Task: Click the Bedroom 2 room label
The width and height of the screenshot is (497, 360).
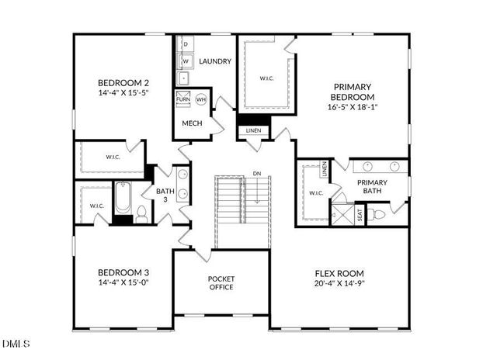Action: point(123,83)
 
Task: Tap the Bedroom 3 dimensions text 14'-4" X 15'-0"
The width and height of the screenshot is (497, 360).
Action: point(123,284)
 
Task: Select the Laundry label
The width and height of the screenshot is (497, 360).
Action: point(215,61)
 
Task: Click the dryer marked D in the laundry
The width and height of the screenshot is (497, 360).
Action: point(186,44)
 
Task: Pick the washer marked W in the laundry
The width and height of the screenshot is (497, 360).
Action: point(186,61)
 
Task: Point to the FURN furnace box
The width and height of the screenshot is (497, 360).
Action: point(183,99)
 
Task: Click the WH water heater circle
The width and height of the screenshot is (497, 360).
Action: point(200,99)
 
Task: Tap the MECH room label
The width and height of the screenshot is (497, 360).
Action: point(192,123)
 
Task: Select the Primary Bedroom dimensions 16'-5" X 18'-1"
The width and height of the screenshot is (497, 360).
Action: point(353,109)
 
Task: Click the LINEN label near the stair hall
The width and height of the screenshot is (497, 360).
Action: point(254,130)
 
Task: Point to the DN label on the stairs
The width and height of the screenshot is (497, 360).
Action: point(257,173)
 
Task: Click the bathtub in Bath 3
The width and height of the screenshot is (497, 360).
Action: point(123,199)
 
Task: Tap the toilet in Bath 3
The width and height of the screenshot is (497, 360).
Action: point(141,213)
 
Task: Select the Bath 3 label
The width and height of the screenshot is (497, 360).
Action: point(165,195)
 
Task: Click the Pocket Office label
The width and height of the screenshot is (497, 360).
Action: point(221,283)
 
